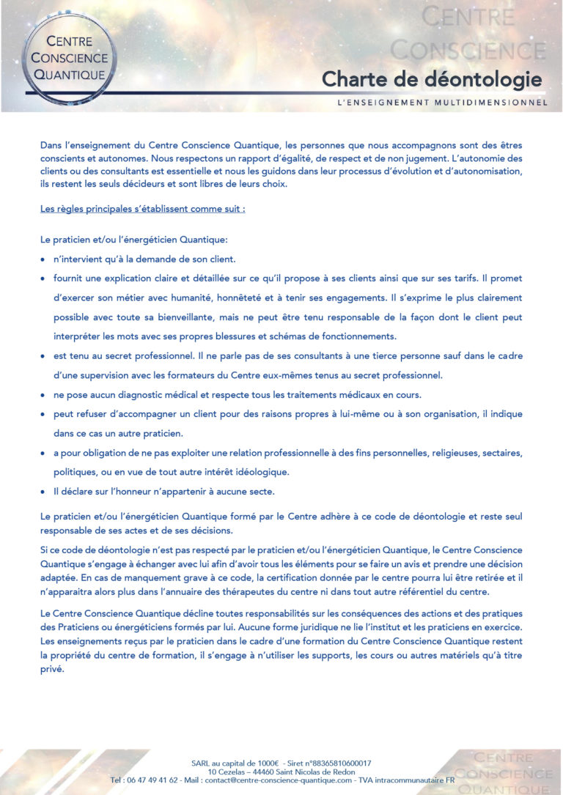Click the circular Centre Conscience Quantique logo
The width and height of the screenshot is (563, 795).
tap(67, 57)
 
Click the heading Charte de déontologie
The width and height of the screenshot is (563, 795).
tap(432, 79)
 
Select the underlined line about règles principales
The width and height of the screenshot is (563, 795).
tap(143, 209)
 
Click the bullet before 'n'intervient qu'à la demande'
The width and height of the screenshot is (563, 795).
tap(43, 260)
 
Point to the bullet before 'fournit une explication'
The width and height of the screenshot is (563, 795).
tap(43, 279)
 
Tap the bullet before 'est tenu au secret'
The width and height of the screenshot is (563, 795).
tap(43, 356)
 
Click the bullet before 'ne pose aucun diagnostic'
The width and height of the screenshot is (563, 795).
tap(43, 395)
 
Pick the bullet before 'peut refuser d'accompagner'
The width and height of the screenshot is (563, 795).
tap(43, 414)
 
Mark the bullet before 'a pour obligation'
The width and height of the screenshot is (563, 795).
tap(43, 453)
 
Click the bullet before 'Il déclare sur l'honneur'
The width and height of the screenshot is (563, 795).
tap(43, 491)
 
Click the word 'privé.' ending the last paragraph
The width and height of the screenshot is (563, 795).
tap(53, 670)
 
